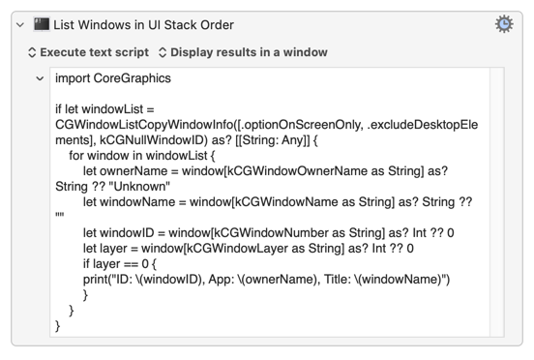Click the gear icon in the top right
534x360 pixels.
[x=504, y=24]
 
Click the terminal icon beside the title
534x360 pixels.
[x=42, y=24]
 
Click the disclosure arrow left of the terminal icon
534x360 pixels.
[x=20, y=25]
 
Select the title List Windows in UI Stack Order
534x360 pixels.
[x=143, y=25]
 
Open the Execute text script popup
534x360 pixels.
[x=89, y=52]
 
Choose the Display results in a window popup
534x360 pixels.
[x=243, y=52]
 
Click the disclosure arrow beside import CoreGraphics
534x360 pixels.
[x=40, y=78]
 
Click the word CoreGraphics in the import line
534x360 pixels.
[x=133, y=78]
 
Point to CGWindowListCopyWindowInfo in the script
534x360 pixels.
[x=145, y=125]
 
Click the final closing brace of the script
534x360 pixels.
[x=57, y=326]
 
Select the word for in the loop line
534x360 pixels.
[x=76, y=156]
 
